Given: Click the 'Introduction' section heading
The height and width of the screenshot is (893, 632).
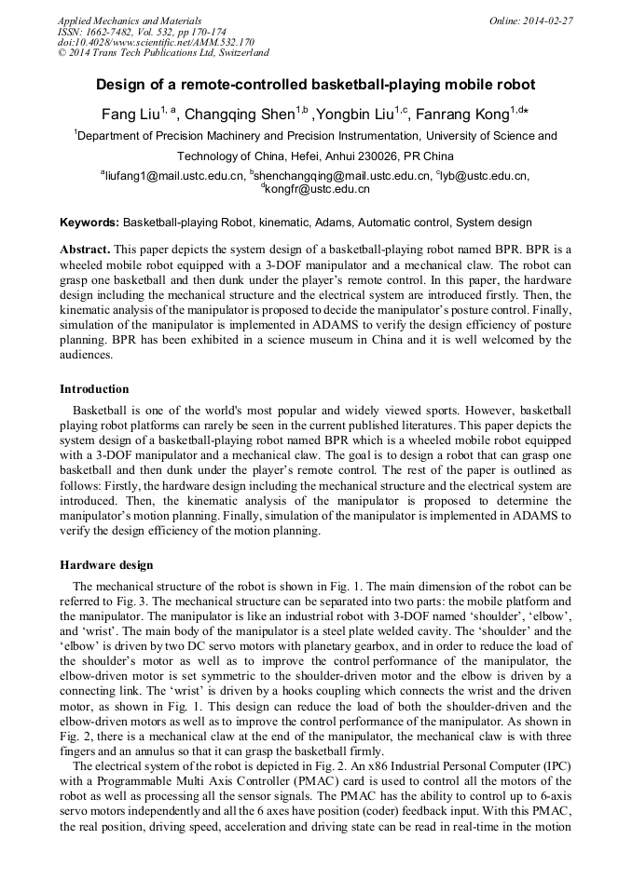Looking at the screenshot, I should coord(94,388).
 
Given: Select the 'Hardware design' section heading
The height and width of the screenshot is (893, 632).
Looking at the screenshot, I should coord(106,564).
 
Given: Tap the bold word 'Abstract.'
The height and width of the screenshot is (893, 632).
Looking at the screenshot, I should coord(86,250).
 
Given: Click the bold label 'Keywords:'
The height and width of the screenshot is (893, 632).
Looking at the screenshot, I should coord(89,223).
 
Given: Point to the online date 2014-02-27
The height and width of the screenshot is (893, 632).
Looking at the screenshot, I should coord(548,20).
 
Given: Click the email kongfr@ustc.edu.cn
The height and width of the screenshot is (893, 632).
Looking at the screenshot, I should coord(319,188).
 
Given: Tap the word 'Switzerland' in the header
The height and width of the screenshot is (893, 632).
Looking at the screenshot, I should coord(240,53).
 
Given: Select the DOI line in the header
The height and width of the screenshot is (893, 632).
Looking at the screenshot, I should coord(156,42).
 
